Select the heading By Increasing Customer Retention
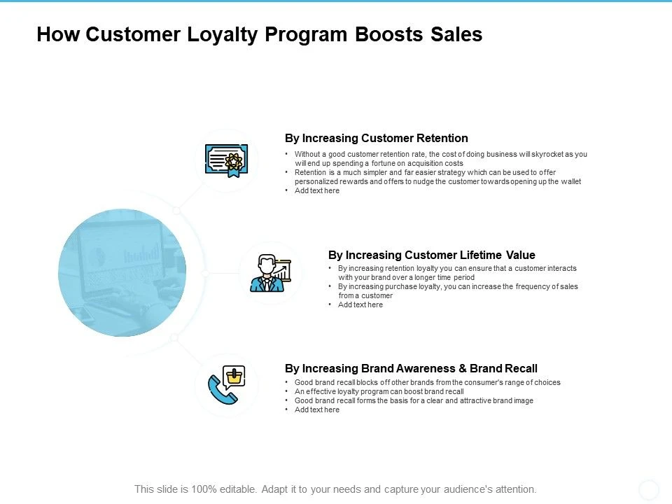(x=376, y=138)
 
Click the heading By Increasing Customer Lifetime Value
(x=431, y=255)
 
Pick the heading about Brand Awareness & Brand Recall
(x=411, y=368)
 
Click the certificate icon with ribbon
(x=226, y=160)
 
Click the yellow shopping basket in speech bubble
(x=235, y=377)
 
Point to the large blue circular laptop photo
(x=122, y=272)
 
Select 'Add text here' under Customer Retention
(x=317, y=190)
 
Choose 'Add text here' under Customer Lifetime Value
(x=360, y=304)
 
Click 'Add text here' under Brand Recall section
(x=317, y=409)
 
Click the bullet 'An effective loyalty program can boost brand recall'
(x=379, y=391)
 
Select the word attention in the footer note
(x=515, y=489)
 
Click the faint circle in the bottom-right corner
(x=649, y=489)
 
